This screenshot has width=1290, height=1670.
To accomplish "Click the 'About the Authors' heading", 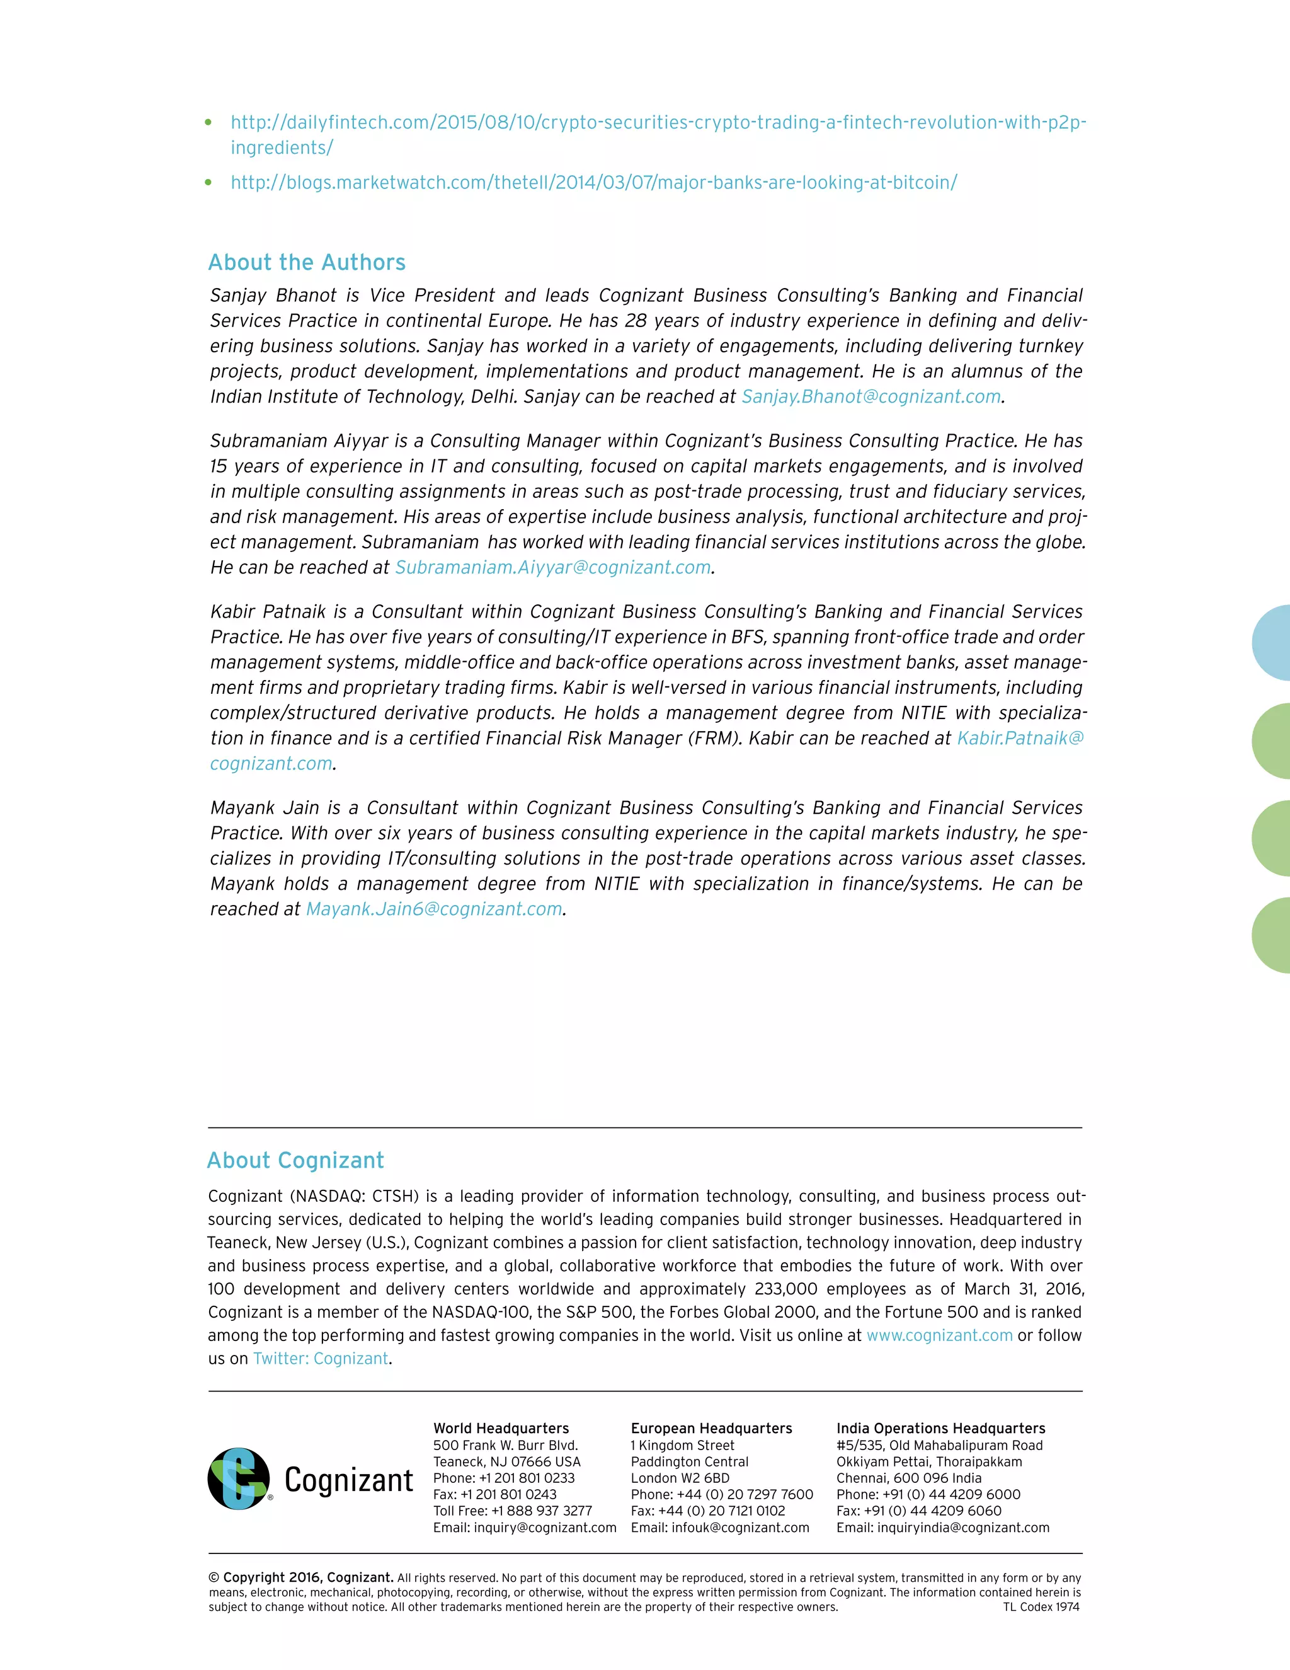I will [307, 262].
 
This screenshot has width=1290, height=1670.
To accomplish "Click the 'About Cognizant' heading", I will [295, 1160].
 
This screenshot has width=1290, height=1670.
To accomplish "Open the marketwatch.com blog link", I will [593, 182].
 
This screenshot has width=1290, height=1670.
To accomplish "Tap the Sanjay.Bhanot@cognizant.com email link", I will [870, 396].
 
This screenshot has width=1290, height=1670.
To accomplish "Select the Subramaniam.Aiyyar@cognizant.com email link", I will [552, 567].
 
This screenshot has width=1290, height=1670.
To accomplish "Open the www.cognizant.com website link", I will [939, 1335].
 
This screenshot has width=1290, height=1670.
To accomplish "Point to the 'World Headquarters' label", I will [501, 1429].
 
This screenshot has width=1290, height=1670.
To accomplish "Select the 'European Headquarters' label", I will [711, 1429].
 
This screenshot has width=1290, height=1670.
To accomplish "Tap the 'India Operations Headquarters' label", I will [940, 1429].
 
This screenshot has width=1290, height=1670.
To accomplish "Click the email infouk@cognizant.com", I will [739, 1528].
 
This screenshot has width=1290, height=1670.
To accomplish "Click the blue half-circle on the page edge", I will [1273, 642].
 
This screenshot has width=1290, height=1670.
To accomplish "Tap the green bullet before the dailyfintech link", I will [208, 122].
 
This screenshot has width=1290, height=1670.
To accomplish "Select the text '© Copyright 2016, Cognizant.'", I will [300, 1577].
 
